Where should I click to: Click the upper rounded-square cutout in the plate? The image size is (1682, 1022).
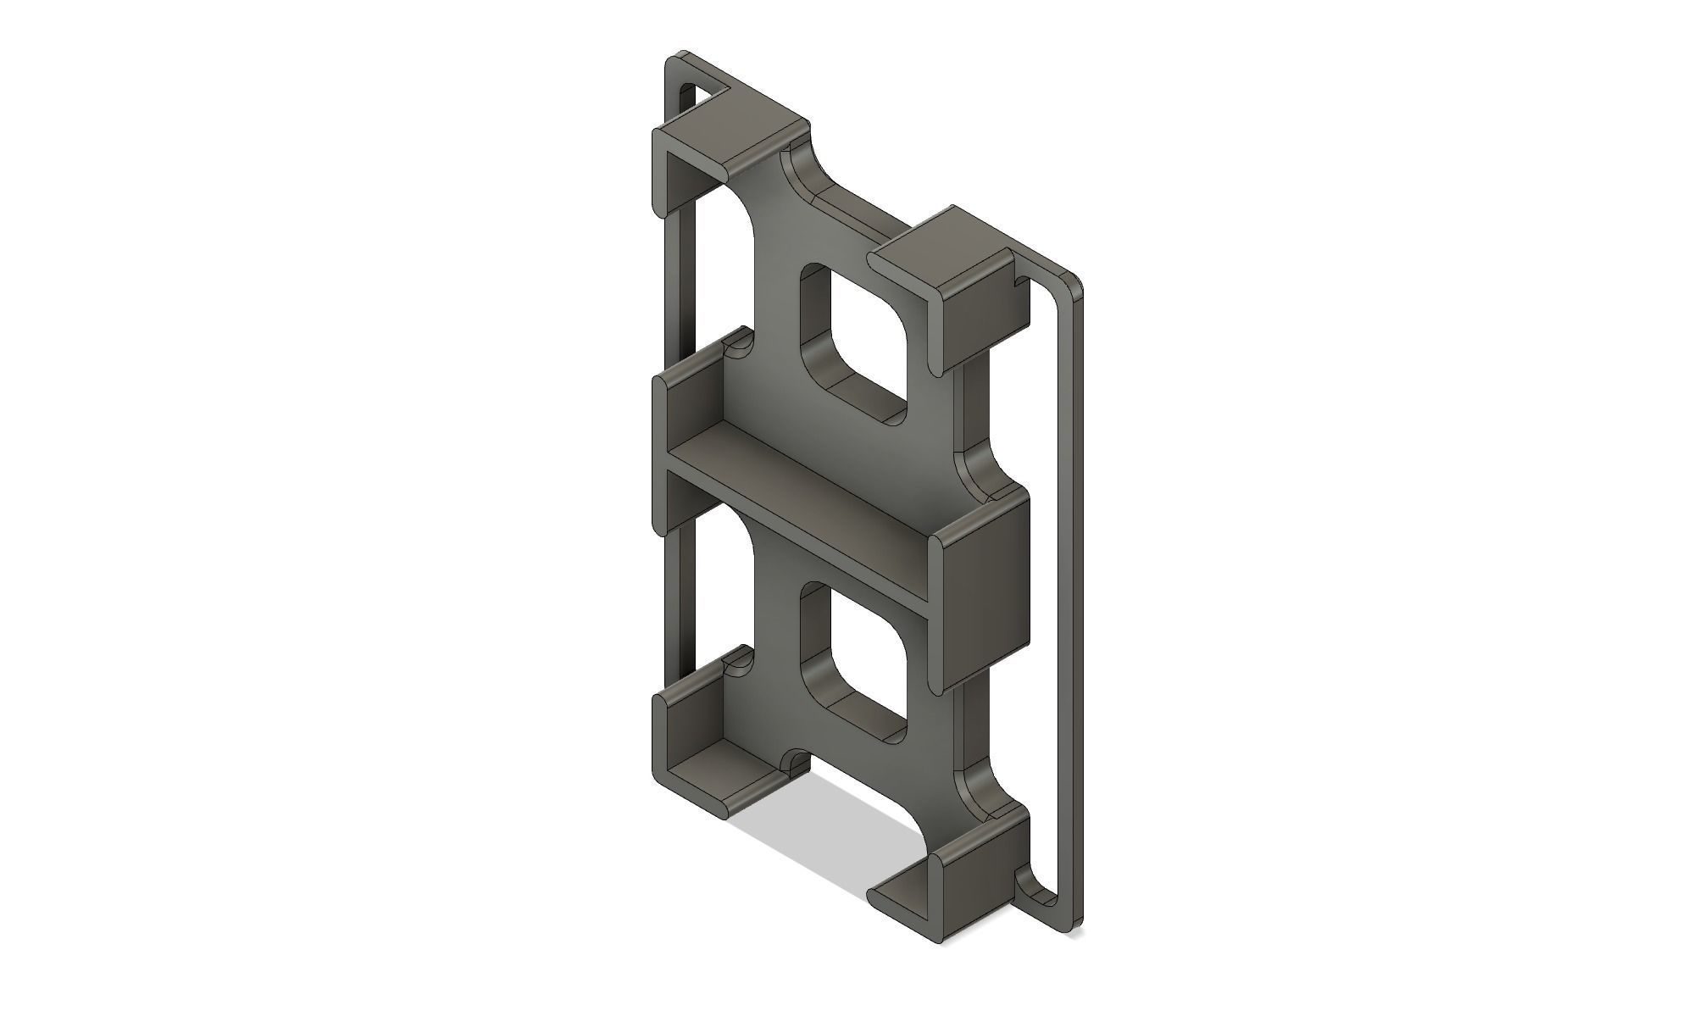click(x=860, y=339)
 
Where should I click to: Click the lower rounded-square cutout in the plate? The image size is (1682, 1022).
click(x=860, y=657)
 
